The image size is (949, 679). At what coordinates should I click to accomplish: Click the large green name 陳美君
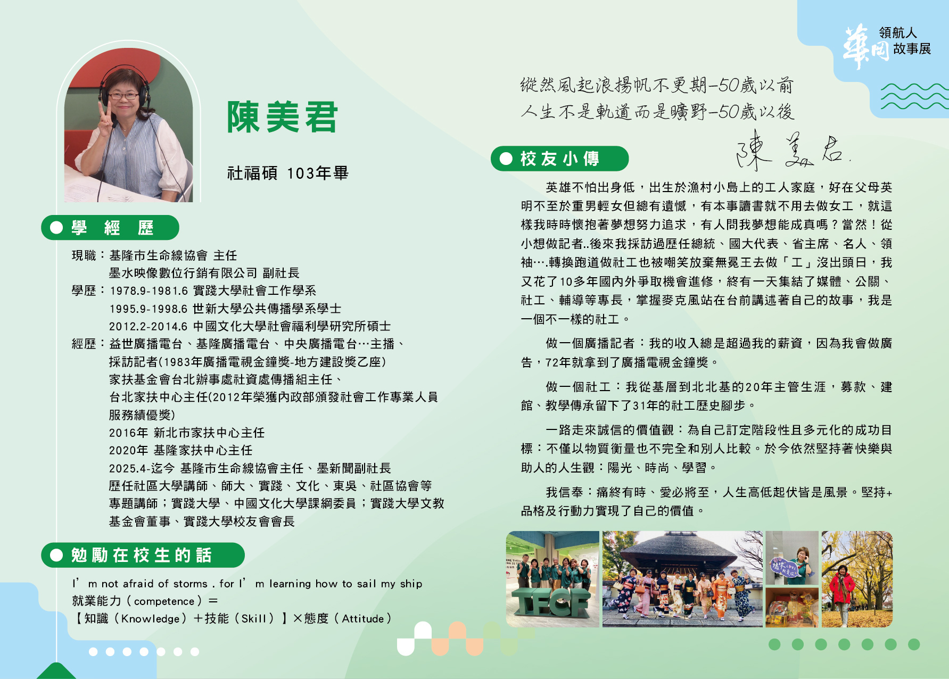(282, 117)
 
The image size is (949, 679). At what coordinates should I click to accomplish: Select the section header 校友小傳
(559, 159)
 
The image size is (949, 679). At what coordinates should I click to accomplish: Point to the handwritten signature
(793, 150)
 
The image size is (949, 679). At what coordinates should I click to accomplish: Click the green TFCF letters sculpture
(550, 604)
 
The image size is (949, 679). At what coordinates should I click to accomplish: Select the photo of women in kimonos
(682, 579)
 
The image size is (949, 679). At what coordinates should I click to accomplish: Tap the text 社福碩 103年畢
(287, 173)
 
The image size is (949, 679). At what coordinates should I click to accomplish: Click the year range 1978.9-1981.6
(149, 291)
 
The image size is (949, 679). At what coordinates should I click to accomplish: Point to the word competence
(164, 601)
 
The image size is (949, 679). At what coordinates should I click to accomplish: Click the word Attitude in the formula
(363, 619)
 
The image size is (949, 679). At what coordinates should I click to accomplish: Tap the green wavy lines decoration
(914, 96)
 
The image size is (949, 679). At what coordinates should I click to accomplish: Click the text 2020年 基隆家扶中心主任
(181, 450)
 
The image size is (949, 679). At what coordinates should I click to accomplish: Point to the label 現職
(84, 255)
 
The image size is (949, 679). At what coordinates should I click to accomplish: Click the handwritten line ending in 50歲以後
(657, 112)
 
